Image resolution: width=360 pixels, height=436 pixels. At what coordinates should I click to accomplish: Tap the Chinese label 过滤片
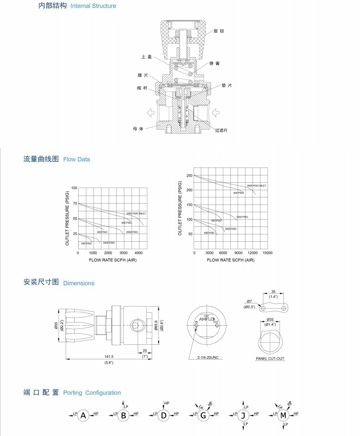(x=221, y=130)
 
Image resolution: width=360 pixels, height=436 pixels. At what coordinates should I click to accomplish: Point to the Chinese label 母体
(x=139, y=129)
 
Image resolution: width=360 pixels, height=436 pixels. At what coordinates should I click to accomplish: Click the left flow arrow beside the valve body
(x=150, y=112)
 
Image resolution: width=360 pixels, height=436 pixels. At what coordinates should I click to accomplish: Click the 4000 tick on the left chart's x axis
(x=139, y=253)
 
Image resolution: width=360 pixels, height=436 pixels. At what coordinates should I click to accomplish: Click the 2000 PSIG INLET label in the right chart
(x=256, y=185)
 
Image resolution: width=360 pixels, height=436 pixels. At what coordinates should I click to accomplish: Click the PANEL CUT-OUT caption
(x=270, y=358)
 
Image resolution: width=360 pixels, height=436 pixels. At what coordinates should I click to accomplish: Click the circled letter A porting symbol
(x=83, y=415)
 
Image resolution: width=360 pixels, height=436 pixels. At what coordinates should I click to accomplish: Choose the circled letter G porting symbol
(x=203, y=415)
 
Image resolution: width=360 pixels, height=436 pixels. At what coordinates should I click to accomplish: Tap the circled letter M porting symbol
(x=283, y=415)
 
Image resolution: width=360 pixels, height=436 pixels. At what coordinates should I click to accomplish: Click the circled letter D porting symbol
(x=164, y=415)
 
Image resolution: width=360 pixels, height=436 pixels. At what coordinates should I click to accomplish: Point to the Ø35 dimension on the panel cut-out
(x=270, y=319)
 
